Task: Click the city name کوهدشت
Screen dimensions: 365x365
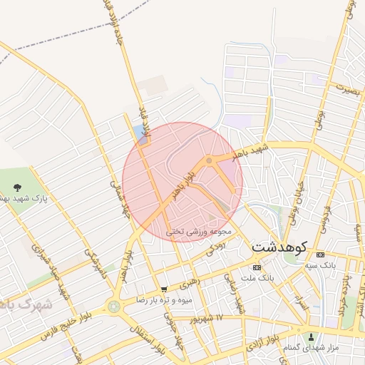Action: [279, 247]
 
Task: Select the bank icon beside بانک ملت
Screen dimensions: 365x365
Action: [257, 267]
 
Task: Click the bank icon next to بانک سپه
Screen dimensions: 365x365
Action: [319, 255]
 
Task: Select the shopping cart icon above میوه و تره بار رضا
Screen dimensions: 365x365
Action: [165, 290]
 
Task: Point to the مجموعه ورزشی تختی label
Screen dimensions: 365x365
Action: [199, 232]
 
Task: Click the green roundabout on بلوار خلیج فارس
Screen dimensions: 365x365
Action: [113, 307]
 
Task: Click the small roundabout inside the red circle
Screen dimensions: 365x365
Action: [208, 161]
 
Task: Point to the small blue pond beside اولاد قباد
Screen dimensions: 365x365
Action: [138, 133]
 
